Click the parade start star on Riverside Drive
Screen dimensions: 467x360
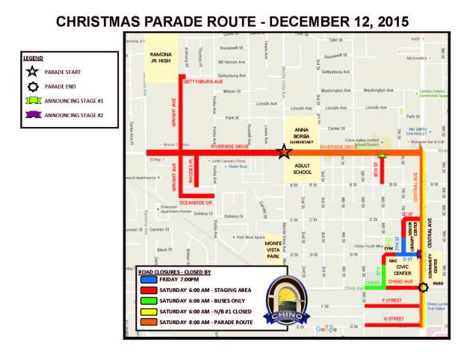284,152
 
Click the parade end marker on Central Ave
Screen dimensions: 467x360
424,288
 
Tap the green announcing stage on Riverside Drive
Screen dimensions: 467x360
383,155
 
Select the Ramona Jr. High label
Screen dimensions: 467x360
161,58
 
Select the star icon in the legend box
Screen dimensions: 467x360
34,72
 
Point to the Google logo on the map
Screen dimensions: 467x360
326,329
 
